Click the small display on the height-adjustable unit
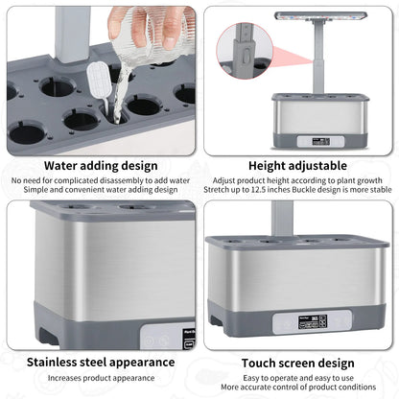coord(319,141)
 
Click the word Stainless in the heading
coord(61,363)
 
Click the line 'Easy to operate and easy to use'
coord(299,378)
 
